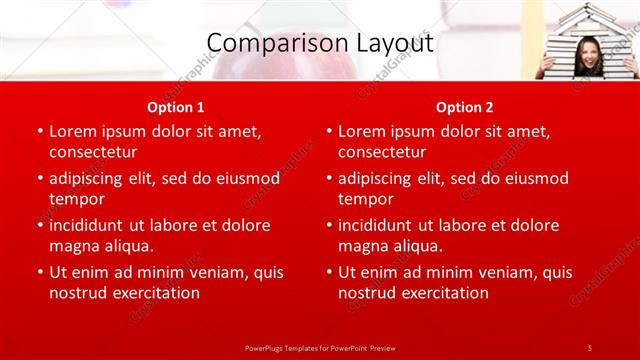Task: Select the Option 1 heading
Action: pyautogui.click(x=176, y=107)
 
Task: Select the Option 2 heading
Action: pyautogui.click(x=465, y=107)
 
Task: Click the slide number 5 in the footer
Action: pyautogui.click(x=589, y=347)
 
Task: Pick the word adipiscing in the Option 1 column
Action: pyautogui.click(x=91, y=178)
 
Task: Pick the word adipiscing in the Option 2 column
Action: pyautogui.click(x=380, y=178)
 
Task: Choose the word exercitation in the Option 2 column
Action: pyautogui.click(x=443, y=293)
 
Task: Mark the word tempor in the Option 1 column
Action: pyautogui.click(x=76, y=199)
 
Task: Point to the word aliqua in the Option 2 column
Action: pyautogui.click(x=418, y=246)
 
